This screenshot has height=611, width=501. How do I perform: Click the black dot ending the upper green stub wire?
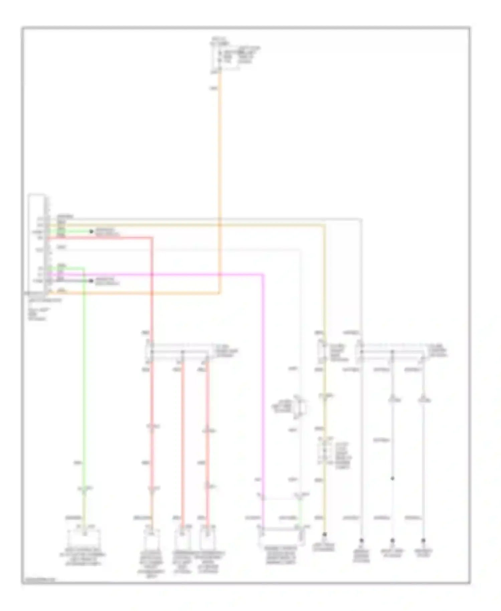[91, 231]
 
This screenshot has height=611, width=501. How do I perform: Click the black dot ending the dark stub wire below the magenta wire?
[91, 281]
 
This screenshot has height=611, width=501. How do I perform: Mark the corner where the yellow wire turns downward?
[324, 226]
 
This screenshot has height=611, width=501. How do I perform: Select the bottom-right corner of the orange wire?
[219, 293]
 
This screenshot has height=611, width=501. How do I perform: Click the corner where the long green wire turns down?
[83, 268]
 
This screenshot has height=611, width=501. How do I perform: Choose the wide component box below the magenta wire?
[281, 536]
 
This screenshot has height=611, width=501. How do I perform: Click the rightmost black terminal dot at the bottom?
[423, 540]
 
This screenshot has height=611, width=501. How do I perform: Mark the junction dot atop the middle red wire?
[182, 352]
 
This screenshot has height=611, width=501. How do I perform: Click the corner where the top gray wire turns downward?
[361, 220]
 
